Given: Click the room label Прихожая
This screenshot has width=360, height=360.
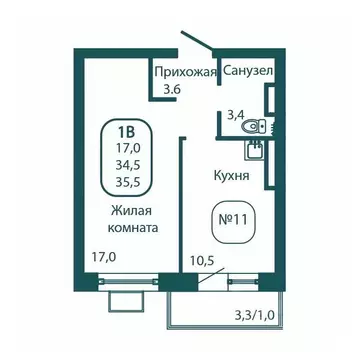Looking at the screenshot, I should click(185, 72).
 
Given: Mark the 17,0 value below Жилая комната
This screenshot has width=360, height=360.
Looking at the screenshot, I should click(102, 257).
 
